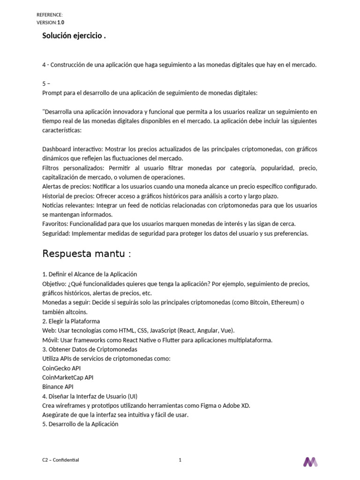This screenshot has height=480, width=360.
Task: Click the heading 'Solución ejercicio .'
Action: point(74,36)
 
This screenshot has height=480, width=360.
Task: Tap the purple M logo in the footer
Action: point(310,462)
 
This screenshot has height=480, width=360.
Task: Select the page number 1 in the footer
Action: point(180,460)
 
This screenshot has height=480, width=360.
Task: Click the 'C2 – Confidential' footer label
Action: point(60,460)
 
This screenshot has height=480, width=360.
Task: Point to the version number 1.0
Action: point(61,22)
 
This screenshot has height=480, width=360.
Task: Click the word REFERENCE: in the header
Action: point(50,15)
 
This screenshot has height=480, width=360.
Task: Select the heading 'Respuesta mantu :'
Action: point(87,254)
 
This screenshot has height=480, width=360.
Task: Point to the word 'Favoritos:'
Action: point(55,224)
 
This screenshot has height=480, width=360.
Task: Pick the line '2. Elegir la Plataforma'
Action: point(71,321)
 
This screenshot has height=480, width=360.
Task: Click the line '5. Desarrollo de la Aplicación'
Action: point(80,424)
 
